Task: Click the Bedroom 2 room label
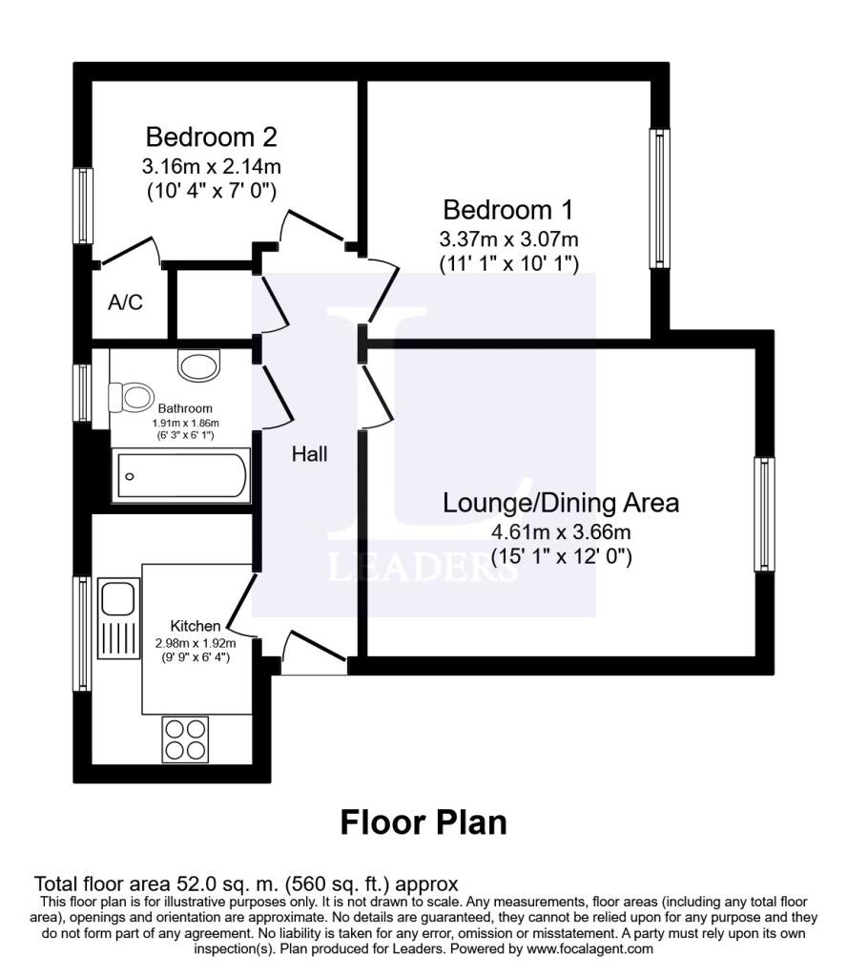[x=211, y=136]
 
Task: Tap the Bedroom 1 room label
[x=507, y=210]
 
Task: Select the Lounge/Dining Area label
[x=561, y=503]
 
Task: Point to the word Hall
[x=310, y=454]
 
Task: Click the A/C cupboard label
[x=125, y=302]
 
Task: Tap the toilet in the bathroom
[x=132, y=397]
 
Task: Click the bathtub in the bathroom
[x=180, y=475]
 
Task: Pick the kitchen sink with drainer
[x=118, y=617]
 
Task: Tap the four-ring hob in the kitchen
[x=186, y=739]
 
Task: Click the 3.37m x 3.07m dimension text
[x=508, y=239]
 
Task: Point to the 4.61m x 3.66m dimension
[x=561, y=532]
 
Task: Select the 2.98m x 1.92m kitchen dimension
[x=196, y=642]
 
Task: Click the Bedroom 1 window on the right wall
[x=659, y=198]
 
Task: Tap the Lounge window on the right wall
[x=764, y=514]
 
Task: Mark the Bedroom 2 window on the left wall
[x=83, y=205]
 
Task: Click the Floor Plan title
[x=423, y=822]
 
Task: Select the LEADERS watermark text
[x=423, y=568]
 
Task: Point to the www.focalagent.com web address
[x=589, y=949]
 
